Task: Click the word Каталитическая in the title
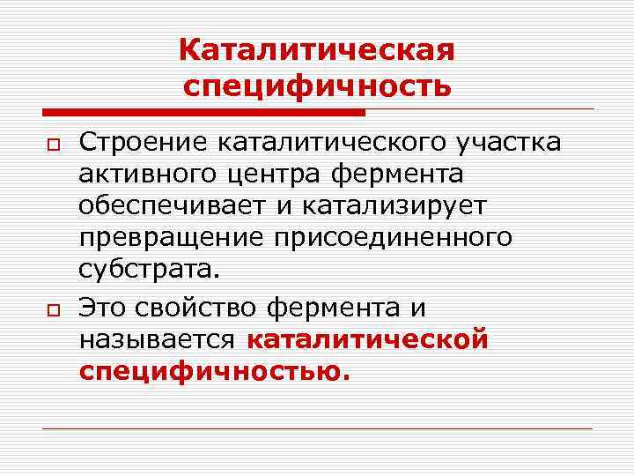317,50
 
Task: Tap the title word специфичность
317,87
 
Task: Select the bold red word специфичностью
214,371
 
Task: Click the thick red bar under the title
203,112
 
